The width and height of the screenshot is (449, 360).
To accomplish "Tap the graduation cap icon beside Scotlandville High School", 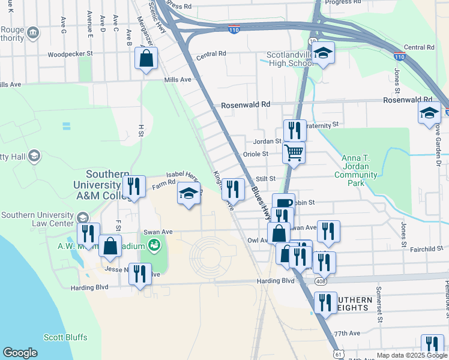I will [323, 55].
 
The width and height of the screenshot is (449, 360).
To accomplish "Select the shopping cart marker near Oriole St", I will [294, 152].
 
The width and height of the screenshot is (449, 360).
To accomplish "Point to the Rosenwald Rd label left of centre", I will [246, 104].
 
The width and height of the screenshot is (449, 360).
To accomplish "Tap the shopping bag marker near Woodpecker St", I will [146, 59].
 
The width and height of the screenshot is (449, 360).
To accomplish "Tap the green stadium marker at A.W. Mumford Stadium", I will [154, 245].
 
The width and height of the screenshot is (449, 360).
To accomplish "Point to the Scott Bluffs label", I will [65, 337].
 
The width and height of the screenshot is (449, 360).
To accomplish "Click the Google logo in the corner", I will [20, 353].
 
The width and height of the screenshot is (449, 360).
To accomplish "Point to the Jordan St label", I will [267, 141].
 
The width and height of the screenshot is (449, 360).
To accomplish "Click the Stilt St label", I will [265, 179].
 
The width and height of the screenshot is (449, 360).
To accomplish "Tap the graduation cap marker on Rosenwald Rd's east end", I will [429, 113].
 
